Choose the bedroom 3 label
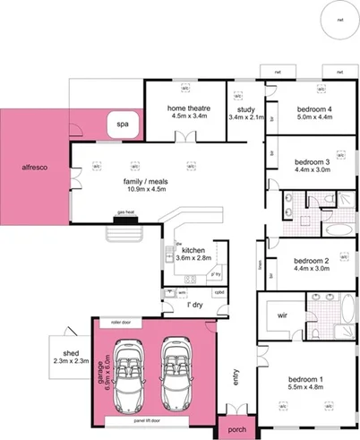[313, 162]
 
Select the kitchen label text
[194, 250]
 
